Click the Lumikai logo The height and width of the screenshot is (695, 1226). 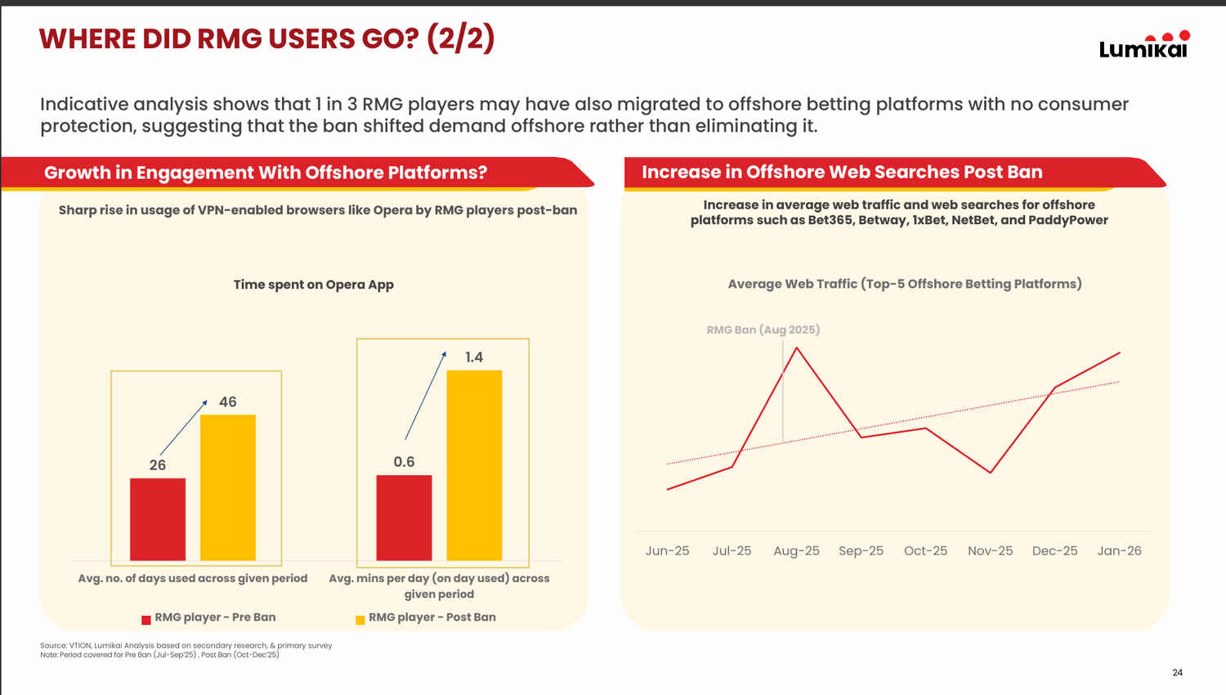coord(1143,46)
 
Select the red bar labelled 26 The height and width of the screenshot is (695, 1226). coord(158,519)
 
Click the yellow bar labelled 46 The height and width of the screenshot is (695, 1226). coord(228,487)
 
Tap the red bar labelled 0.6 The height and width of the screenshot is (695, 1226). coord(404,518)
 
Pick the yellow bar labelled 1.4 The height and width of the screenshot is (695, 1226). coord(474,465)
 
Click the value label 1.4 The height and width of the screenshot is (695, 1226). coord(474,357)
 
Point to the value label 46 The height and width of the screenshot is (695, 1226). coord(228,402)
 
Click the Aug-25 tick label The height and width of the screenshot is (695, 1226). coord(796,551)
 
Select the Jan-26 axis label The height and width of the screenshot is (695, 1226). coord(1119,551)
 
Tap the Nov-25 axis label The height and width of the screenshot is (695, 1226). coord(990,551)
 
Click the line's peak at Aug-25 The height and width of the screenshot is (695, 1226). coord(797,348)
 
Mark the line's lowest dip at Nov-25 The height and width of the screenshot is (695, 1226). coord(991,473)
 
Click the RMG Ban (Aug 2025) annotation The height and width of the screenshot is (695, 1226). coord(763,330)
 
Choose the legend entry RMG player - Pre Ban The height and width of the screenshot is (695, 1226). coord(208,617)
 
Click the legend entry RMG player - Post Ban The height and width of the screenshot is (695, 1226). coord(426,617)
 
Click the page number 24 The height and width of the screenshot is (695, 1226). coord(1177,673)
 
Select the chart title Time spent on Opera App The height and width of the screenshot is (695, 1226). coord(313,285)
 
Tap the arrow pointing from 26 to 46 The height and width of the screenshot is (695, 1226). coord(183,428)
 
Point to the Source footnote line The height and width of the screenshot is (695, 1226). coord(186,645)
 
